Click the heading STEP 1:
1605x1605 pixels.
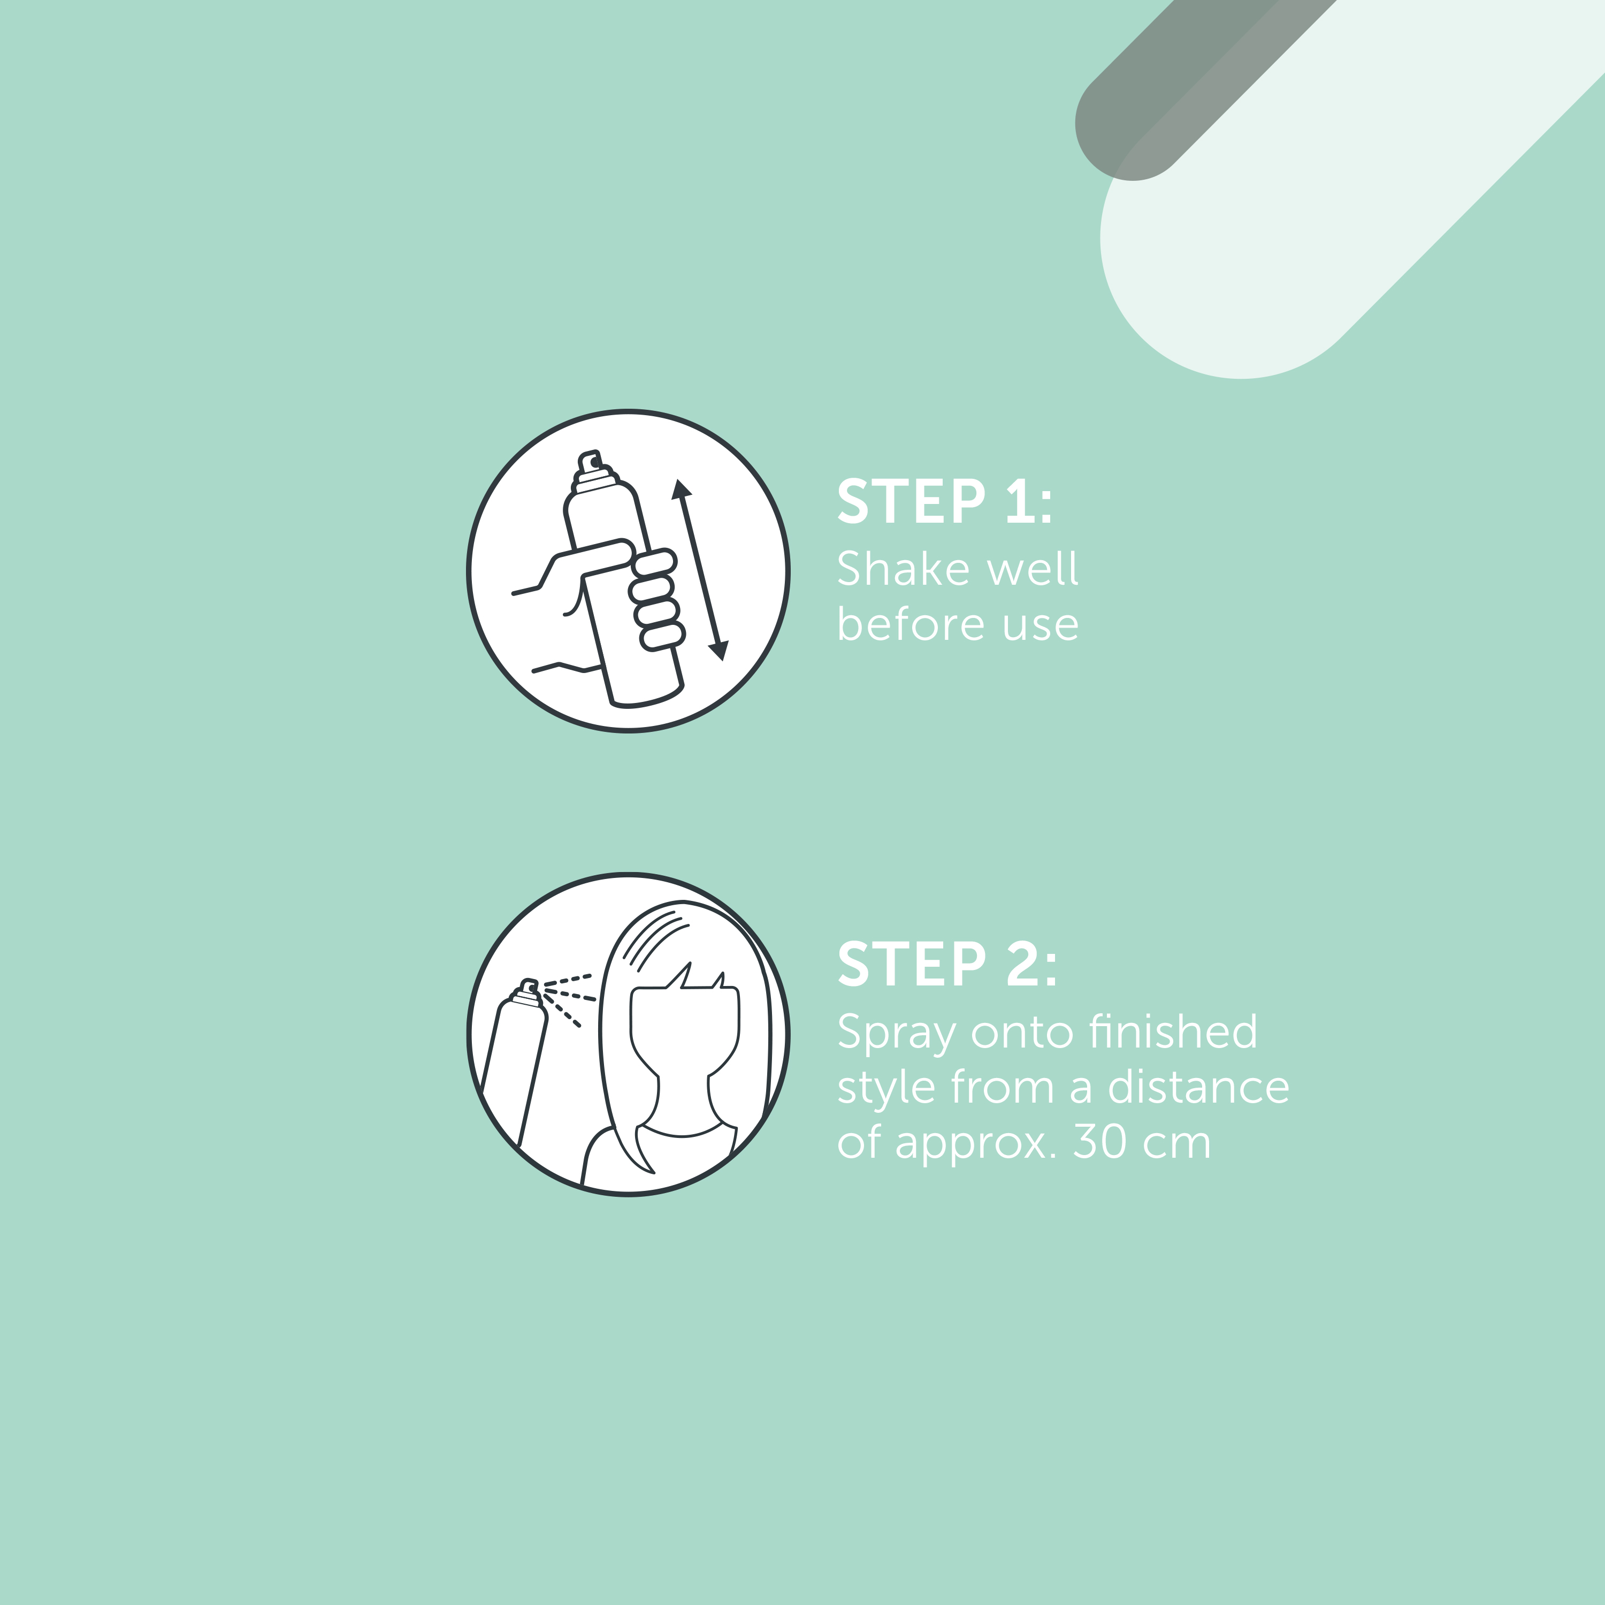pos(945,502)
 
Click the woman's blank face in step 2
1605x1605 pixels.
pos(684,1030)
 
